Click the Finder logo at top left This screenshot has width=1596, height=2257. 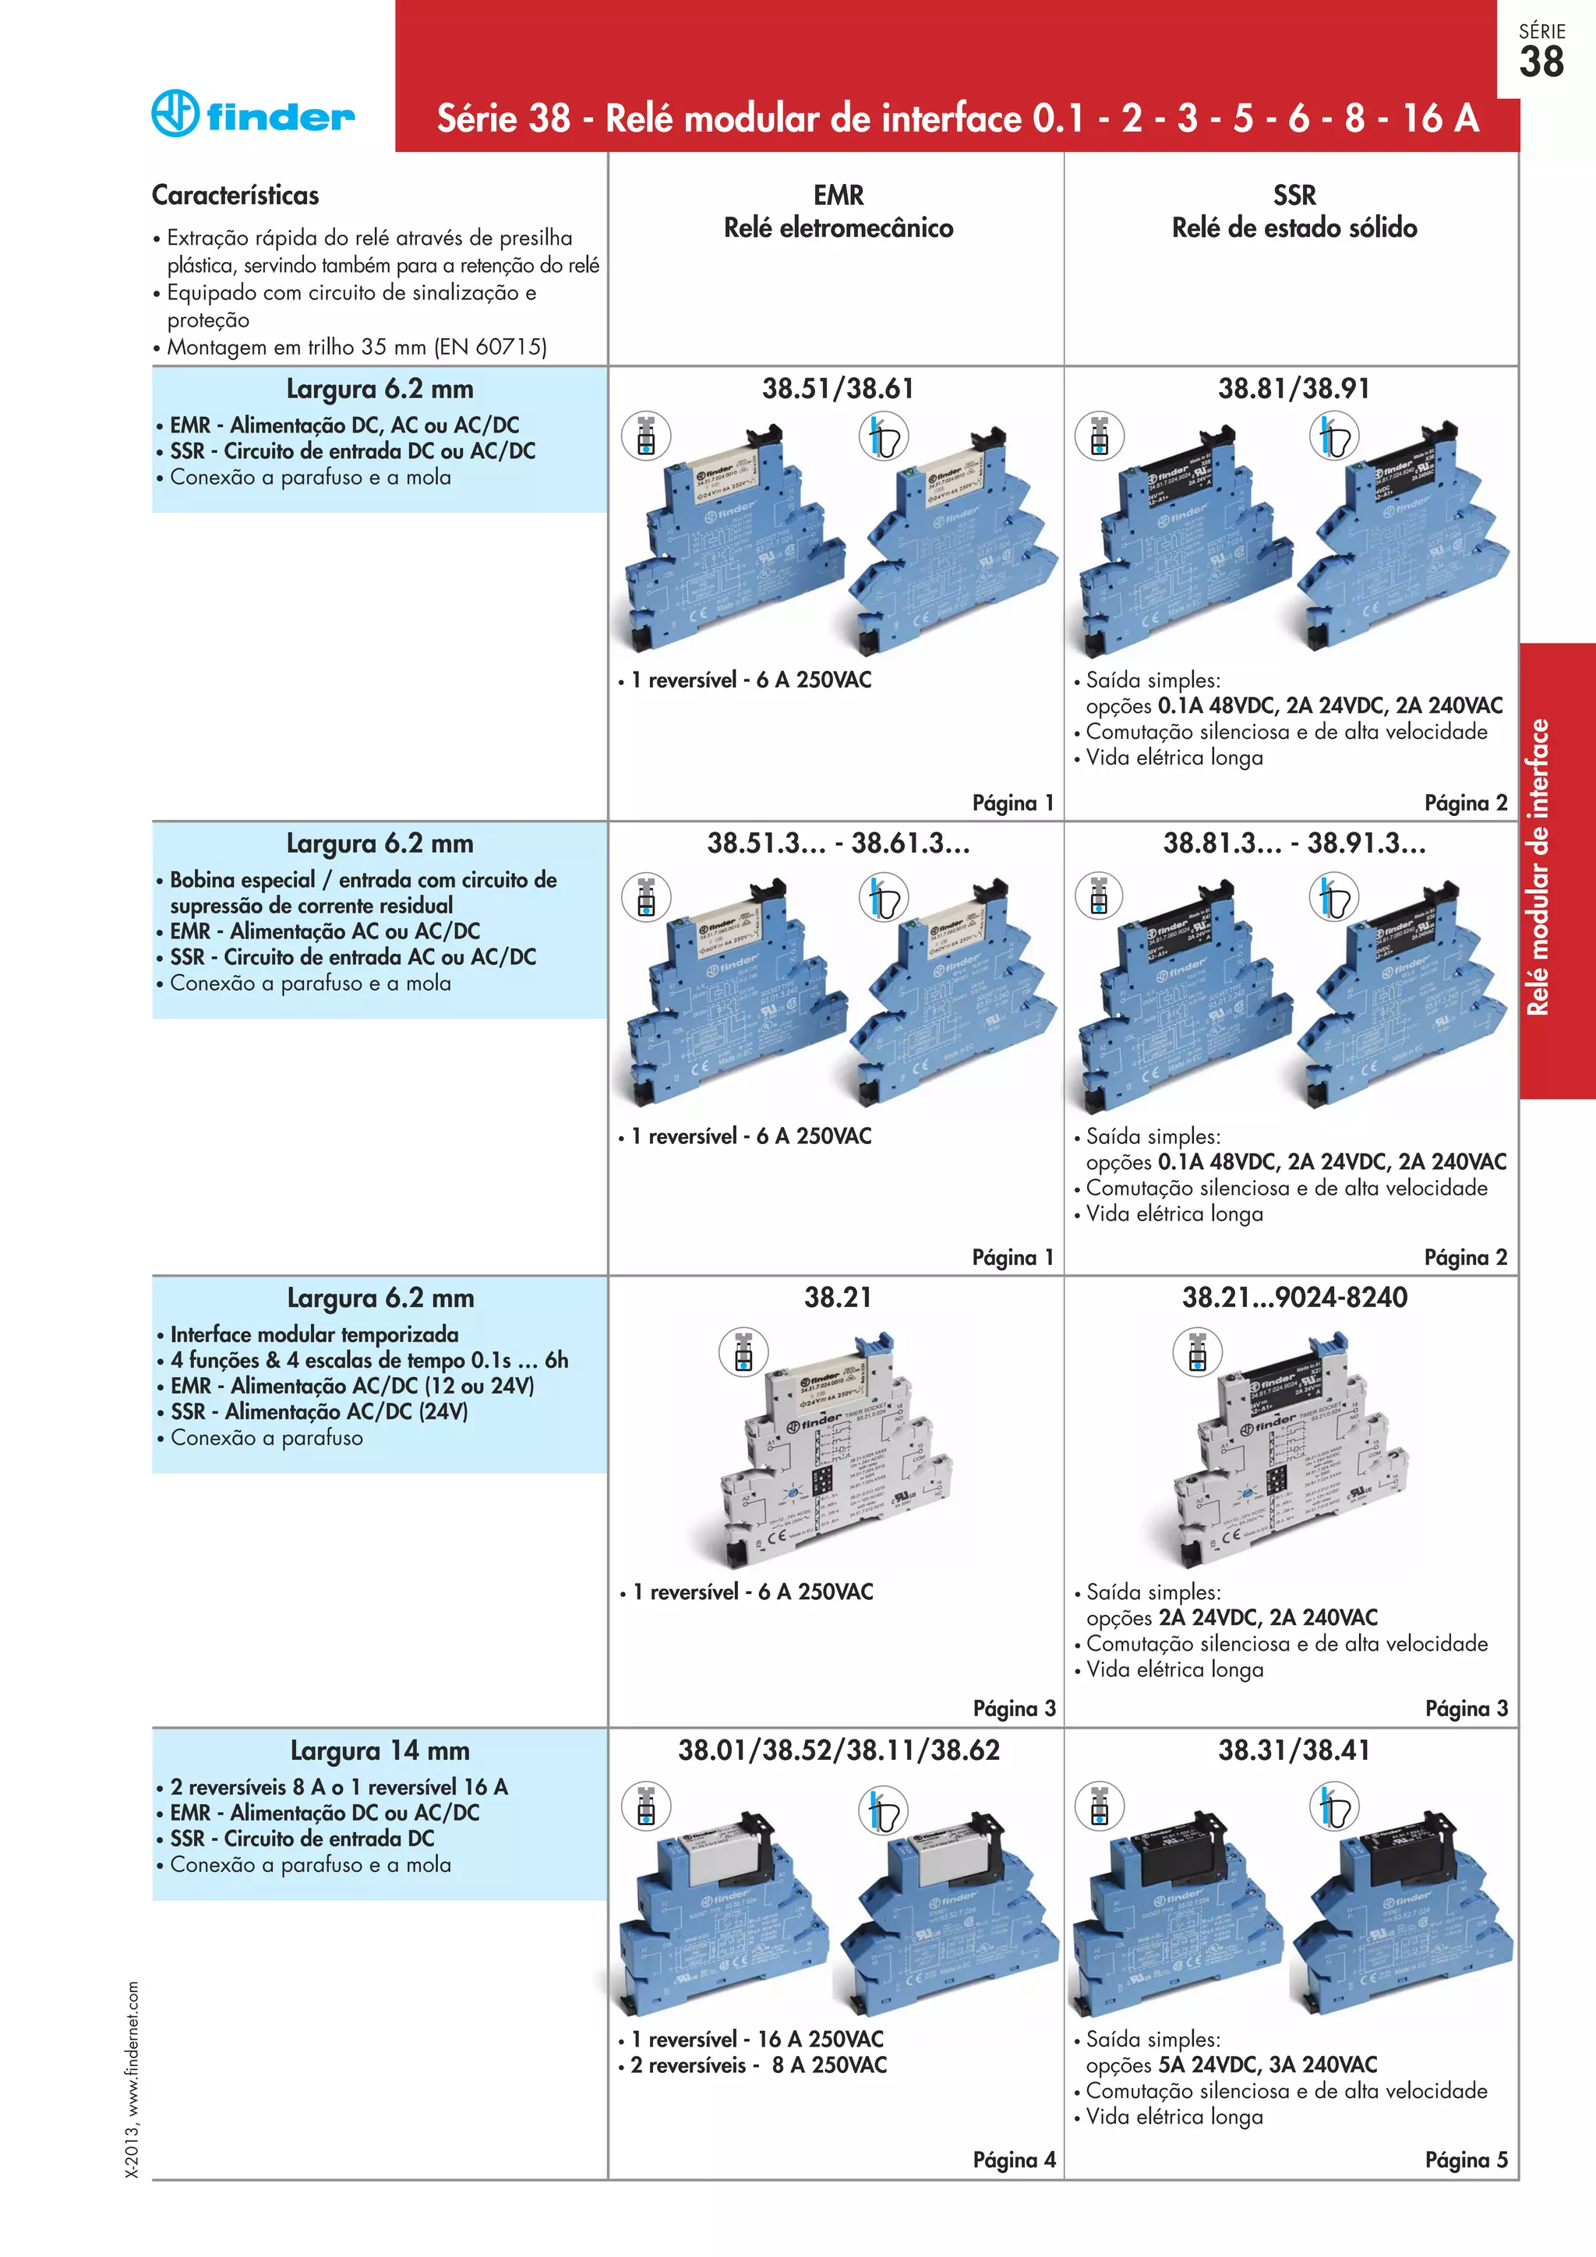point(252,114)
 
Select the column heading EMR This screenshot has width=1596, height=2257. point(839,195)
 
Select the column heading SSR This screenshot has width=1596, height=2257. point(1294,195)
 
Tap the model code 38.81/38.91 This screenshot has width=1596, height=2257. point(1294,388)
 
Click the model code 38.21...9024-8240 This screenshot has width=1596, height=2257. point(1294,1298)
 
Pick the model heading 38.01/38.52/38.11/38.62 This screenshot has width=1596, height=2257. point(839,1750)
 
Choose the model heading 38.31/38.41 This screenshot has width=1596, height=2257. point(1294,1750)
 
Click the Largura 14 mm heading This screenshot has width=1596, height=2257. point(380,1750)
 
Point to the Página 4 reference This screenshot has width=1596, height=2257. point(1013,2160)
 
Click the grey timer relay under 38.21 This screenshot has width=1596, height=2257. point(835,1455)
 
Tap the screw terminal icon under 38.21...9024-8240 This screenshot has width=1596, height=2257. point(1197,1353)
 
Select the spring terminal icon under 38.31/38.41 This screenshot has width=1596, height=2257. point(1333,1807)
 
